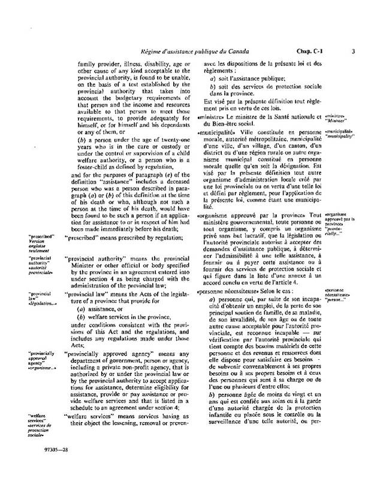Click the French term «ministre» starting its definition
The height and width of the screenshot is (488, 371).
pos(209,117)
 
